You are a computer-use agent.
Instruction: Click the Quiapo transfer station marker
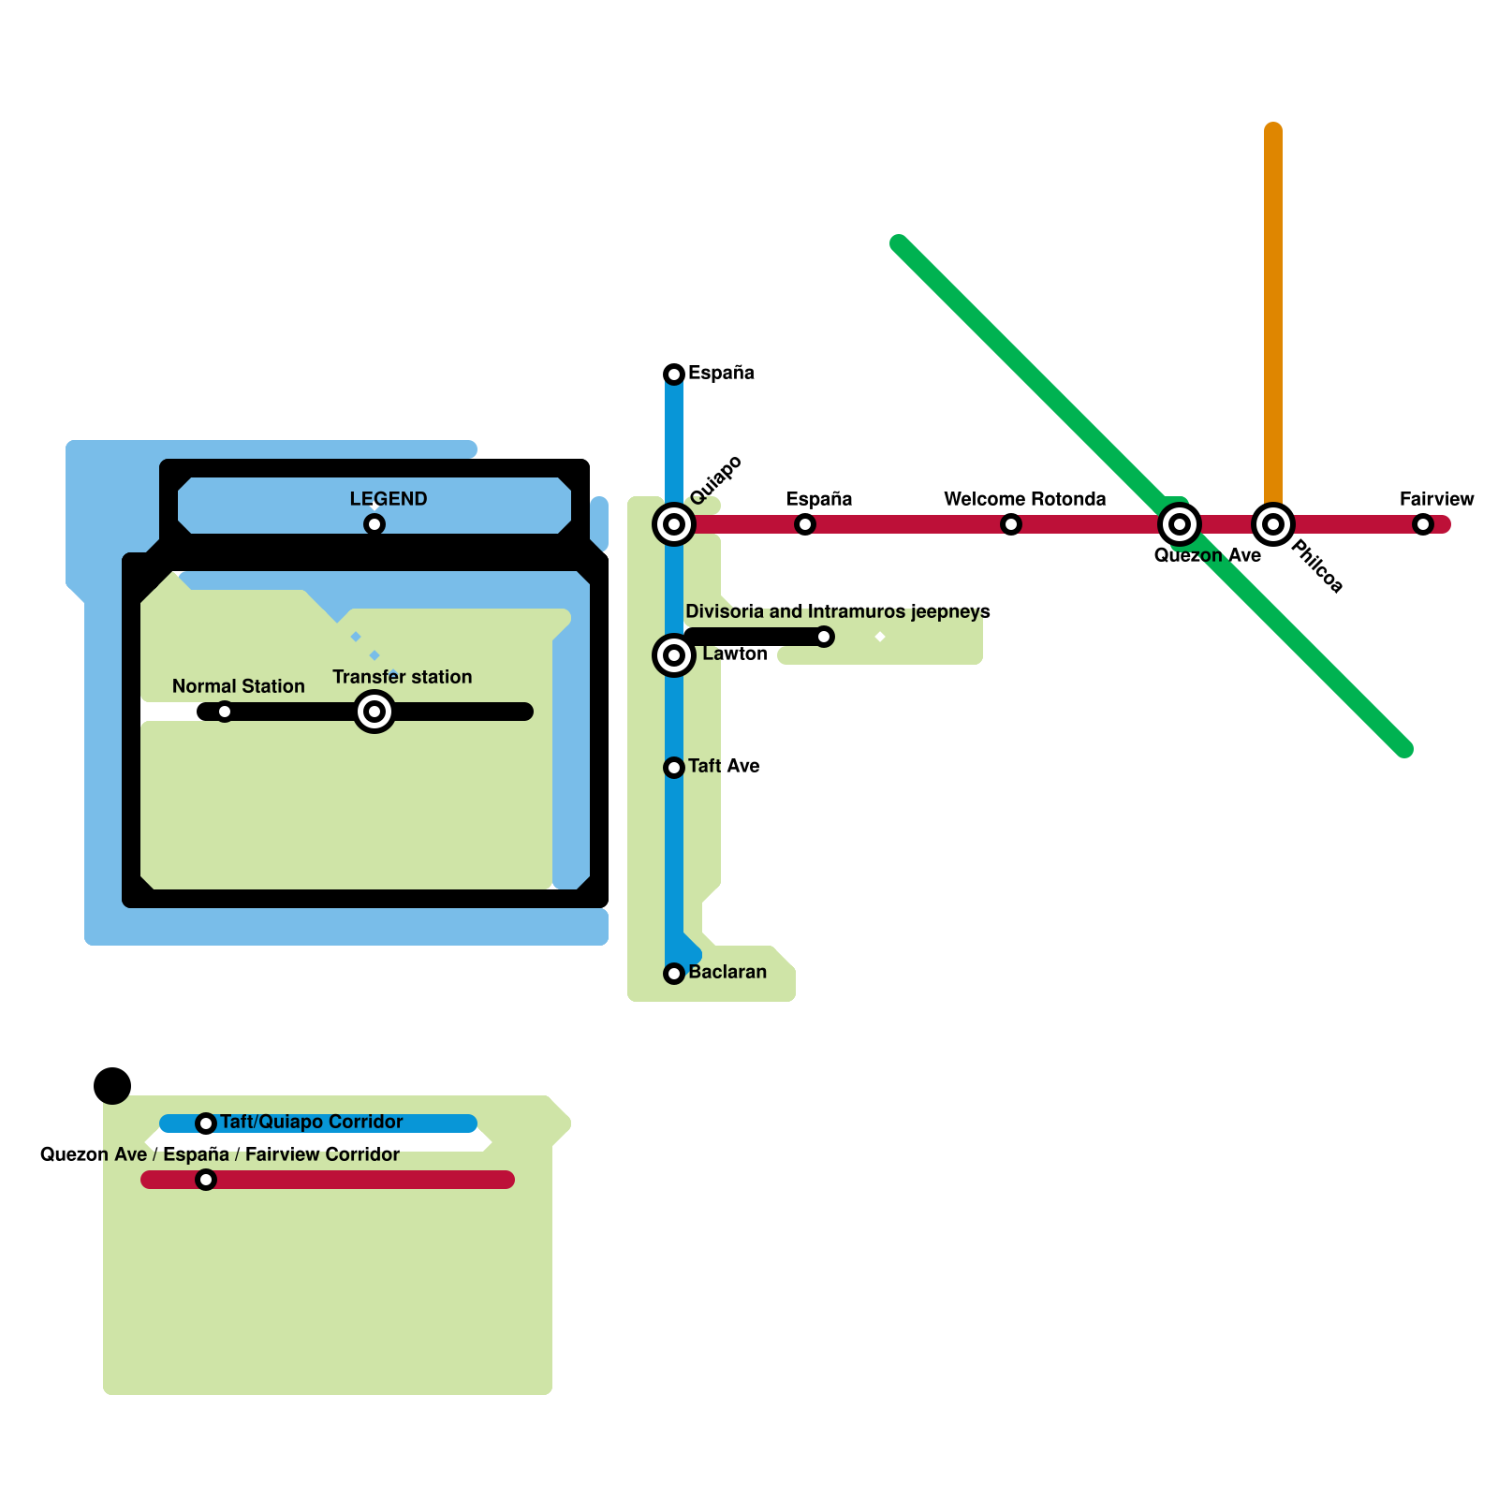coord(674,524)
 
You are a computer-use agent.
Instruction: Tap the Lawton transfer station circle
coord(674,655)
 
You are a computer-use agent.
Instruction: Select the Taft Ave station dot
coord(674,768)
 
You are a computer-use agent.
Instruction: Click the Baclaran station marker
coord(674,974)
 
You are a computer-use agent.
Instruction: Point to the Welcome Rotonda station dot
coord(1011,524)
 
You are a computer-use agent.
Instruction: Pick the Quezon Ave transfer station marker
coord(1180,524)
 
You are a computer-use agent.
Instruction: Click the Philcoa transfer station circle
coord(1273,524)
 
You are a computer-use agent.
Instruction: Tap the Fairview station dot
coord(1423,524)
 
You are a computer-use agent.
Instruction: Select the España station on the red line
coord(805,524)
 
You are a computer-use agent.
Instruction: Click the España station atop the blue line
coord(674,374)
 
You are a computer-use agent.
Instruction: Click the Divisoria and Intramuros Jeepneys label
coord(837,611)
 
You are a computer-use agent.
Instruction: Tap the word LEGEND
coord(389,499)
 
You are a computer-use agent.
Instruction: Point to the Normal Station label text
coord(239,686)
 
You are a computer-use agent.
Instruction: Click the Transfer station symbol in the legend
coord(374,712)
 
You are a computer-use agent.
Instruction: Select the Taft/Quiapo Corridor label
coord(311,1122)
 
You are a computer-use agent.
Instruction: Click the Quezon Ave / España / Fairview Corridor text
coord(220,1154)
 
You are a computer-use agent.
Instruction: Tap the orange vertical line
coord(1273,309)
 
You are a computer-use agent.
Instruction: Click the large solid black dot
coord(112,1086)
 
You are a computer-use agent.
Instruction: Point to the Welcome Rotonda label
coord(1024,499)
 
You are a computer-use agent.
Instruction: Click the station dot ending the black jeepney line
coord(824,637)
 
